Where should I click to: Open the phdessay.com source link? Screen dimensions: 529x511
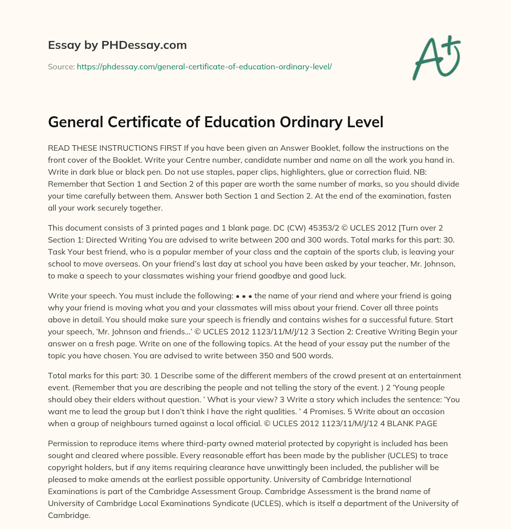[204, 66]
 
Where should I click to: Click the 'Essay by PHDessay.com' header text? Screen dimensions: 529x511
[117, 45]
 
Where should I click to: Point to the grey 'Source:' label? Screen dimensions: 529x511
[61, 66]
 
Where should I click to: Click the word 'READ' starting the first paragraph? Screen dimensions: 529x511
[59, 148]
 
